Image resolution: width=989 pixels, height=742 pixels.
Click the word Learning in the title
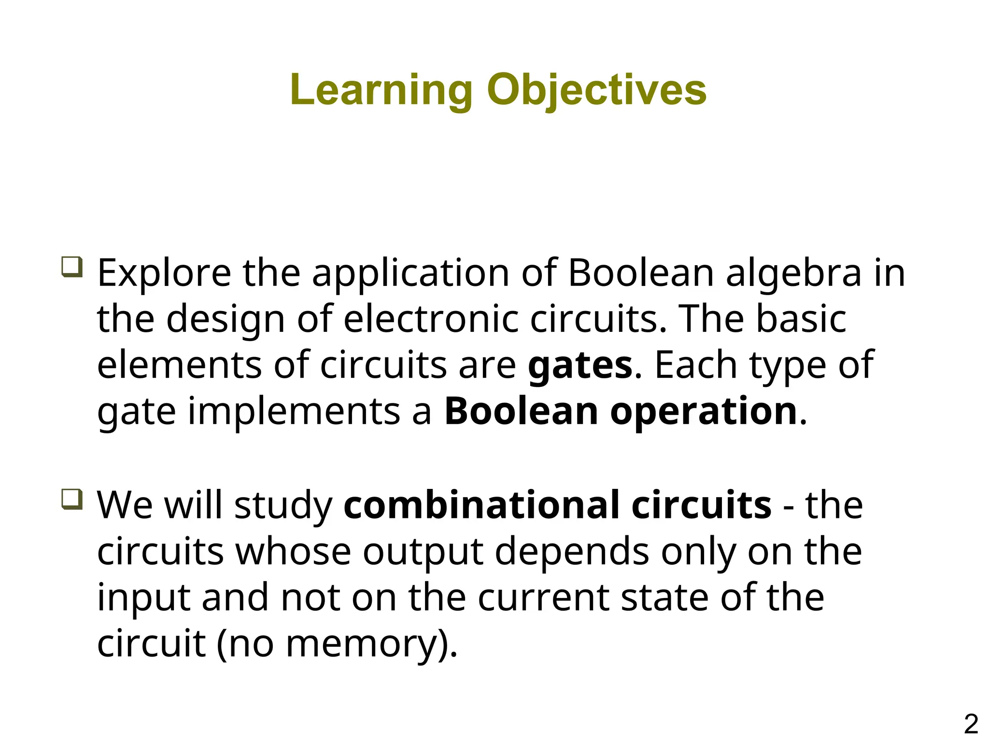381,90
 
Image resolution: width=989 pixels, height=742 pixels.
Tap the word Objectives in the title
596,90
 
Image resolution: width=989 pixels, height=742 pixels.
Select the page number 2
971,724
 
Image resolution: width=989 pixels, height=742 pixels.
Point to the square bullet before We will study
72,499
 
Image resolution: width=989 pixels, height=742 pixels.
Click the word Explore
164,273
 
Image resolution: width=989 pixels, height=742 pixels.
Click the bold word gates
580,366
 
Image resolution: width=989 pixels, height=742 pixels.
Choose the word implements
294,412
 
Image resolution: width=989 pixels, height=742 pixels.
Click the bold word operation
704,412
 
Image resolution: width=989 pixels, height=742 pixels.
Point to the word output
423,552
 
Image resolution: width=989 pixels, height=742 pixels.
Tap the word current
543,598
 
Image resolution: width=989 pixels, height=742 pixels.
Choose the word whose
293,551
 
